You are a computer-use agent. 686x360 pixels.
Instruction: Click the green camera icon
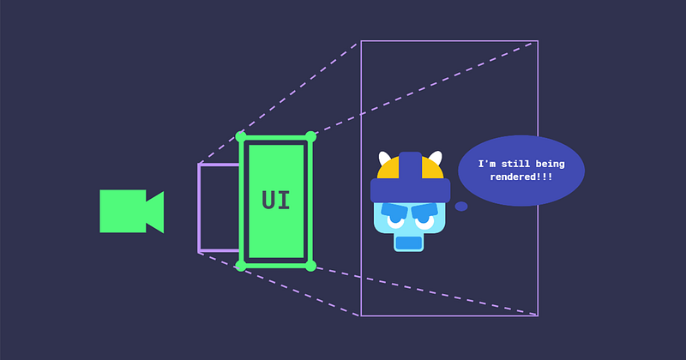(x=131, y=211)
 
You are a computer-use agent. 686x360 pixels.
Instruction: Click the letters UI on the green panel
(x=275, y=201)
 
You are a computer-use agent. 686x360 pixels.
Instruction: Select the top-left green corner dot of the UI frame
(x=241, y=136)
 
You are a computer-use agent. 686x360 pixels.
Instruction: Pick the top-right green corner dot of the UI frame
(x=310, y=136)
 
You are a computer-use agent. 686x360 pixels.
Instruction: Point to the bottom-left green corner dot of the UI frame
(x=241, y=266)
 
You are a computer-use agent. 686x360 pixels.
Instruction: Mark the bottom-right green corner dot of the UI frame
(x=310, y=266)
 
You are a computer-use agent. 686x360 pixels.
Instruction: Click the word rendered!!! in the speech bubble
(x=521, y=177)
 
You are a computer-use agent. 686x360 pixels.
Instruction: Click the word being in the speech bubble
(x=550, y=165)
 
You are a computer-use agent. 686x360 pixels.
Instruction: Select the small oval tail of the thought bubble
(x=461, y=206)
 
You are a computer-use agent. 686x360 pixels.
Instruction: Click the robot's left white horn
(x=384, y=158)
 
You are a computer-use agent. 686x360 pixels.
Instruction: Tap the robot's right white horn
(x=436, y=158)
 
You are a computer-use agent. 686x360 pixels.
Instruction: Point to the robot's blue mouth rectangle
(x=409, y=243)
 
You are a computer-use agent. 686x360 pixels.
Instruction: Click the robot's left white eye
(x=396, y=221)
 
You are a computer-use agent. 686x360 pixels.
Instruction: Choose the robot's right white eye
(x=424, y=221)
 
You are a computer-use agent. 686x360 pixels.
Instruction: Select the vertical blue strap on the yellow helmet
(x=411, y=166)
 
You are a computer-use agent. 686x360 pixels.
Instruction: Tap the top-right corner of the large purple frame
(x=539, y=41)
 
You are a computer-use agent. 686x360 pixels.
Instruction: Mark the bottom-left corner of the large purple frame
(x=361, y=315)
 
